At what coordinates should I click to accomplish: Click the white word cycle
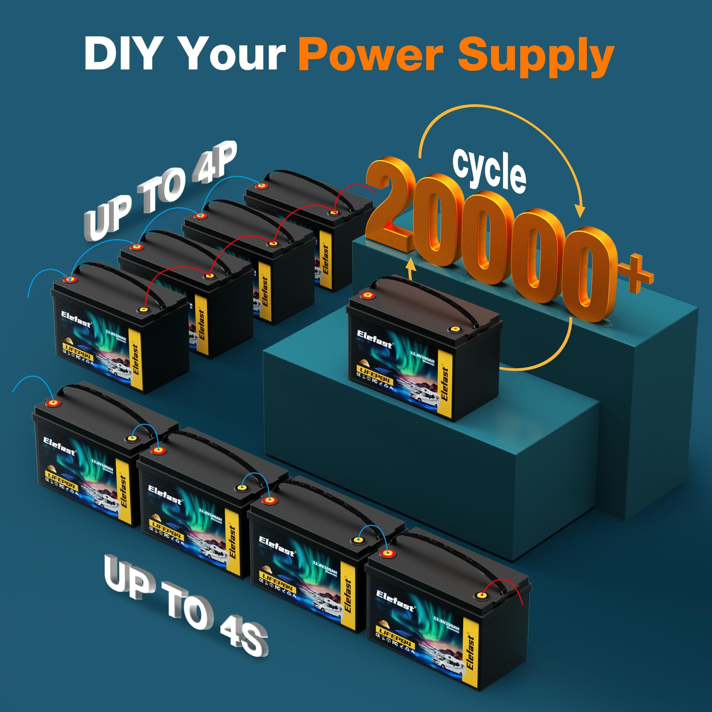coord(489,171)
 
